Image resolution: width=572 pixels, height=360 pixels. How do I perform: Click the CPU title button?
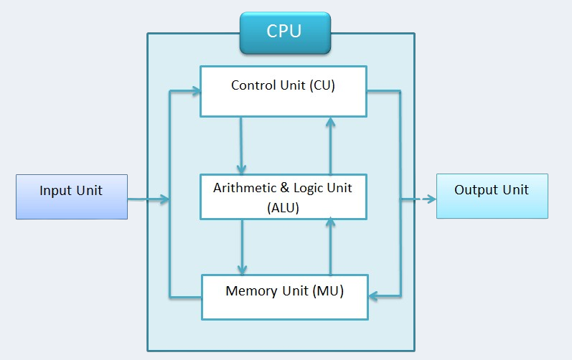click(x=285, y=33)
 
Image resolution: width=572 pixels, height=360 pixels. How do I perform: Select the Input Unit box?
click(x=72, y=196)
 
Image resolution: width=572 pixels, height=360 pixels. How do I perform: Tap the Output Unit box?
click(x=492, y=196)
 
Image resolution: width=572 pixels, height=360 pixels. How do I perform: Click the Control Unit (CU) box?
click(x=283, y=91)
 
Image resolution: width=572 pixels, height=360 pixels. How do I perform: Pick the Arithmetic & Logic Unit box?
click(x=283, y=196)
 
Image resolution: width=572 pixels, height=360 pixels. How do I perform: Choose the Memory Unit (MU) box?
click(x=284, y=297)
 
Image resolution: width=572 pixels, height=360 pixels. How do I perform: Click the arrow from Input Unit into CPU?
click(x=149, y=199)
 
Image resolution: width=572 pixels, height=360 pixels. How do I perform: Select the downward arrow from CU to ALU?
click(x=242, y=144)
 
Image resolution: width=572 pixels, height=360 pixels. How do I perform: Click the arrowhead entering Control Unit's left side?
click(x=194, y=92)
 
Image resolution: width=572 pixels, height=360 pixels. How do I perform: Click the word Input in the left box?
click(x=55, y=191)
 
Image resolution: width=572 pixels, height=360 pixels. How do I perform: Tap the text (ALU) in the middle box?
click(x=283, y=208)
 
